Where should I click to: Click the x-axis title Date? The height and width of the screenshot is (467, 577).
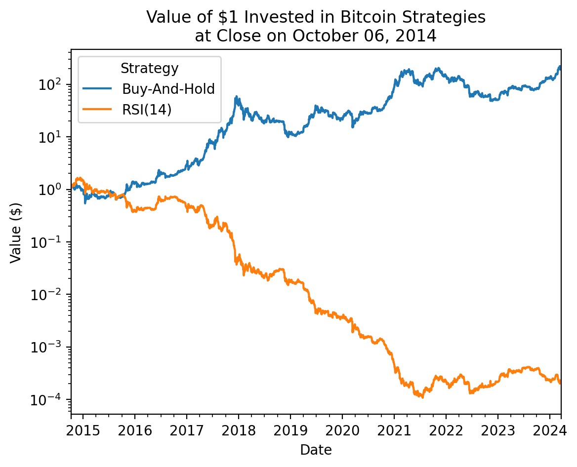[x=316, y=450]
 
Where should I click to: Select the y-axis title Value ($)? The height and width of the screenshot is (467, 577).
[x=17, y=231]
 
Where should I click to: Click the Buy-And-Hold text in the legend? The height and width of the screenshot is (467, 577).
[x=168, y=89]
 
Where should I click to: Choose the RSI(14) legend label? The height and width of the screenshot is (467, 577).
[x=147, y=110]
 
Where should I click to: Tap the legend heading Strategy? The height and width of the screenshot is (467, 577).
[x=149, y=69]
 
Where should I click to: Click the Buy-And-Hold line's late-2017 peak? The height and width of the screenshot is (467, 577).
[x=236, y=97]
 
